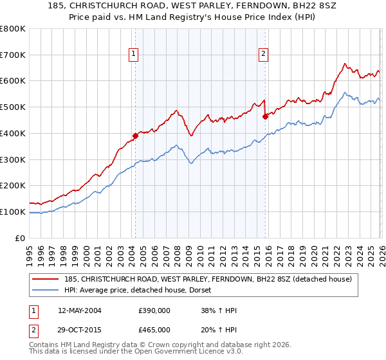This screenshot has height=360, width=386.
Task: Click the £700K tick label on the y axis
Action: pyautogui.click(x=12, y=55)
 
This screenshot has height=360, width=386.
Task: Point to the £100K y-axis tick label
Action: pyautogui.click(x=12, y=212)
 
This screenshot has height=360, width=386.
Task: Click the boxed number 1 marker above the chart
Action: pyautogui.click(x=134, y=55)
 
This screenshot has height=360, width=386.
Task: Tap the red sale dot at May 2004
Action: pyautogui.click(x=135, y=136)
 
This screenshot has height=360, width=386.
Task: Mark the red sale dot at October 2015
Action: pyautogui.click(x=265, y=116)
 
